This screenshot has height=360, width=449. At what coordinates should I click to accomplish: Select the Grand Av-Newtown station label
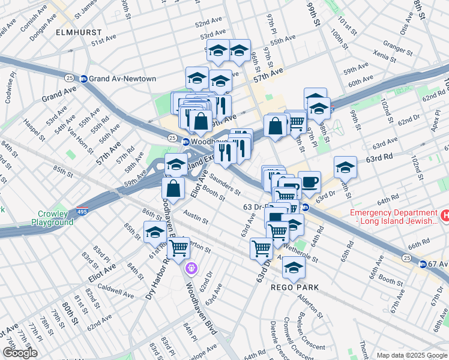(x=122, y=79)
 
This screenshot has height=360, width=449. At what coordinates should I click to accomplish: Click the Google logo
(x=20, y=353)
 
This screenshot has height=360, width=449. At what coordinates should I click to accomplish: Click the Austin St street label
(x=196, y=217)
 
